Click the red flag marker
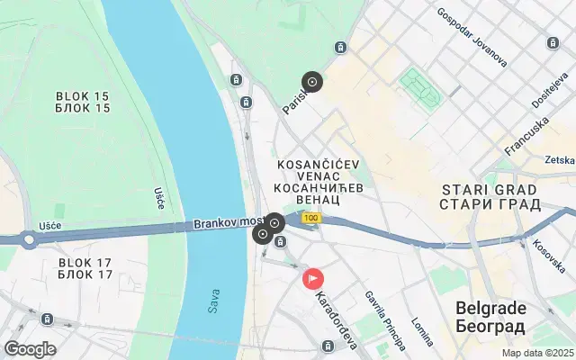click(313, 279)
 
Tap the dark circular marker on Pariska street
click(312, 83)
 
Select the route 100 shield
click(311, 218)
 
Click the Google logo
click(30, 349)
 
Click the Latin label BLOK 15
click(83, 95)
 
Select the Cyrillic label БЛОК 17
click(85, 274)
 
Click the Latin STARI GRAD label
click(490, 190)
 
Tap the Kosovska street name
click(548, 256)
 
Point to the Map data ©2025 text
click(537, 353)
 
